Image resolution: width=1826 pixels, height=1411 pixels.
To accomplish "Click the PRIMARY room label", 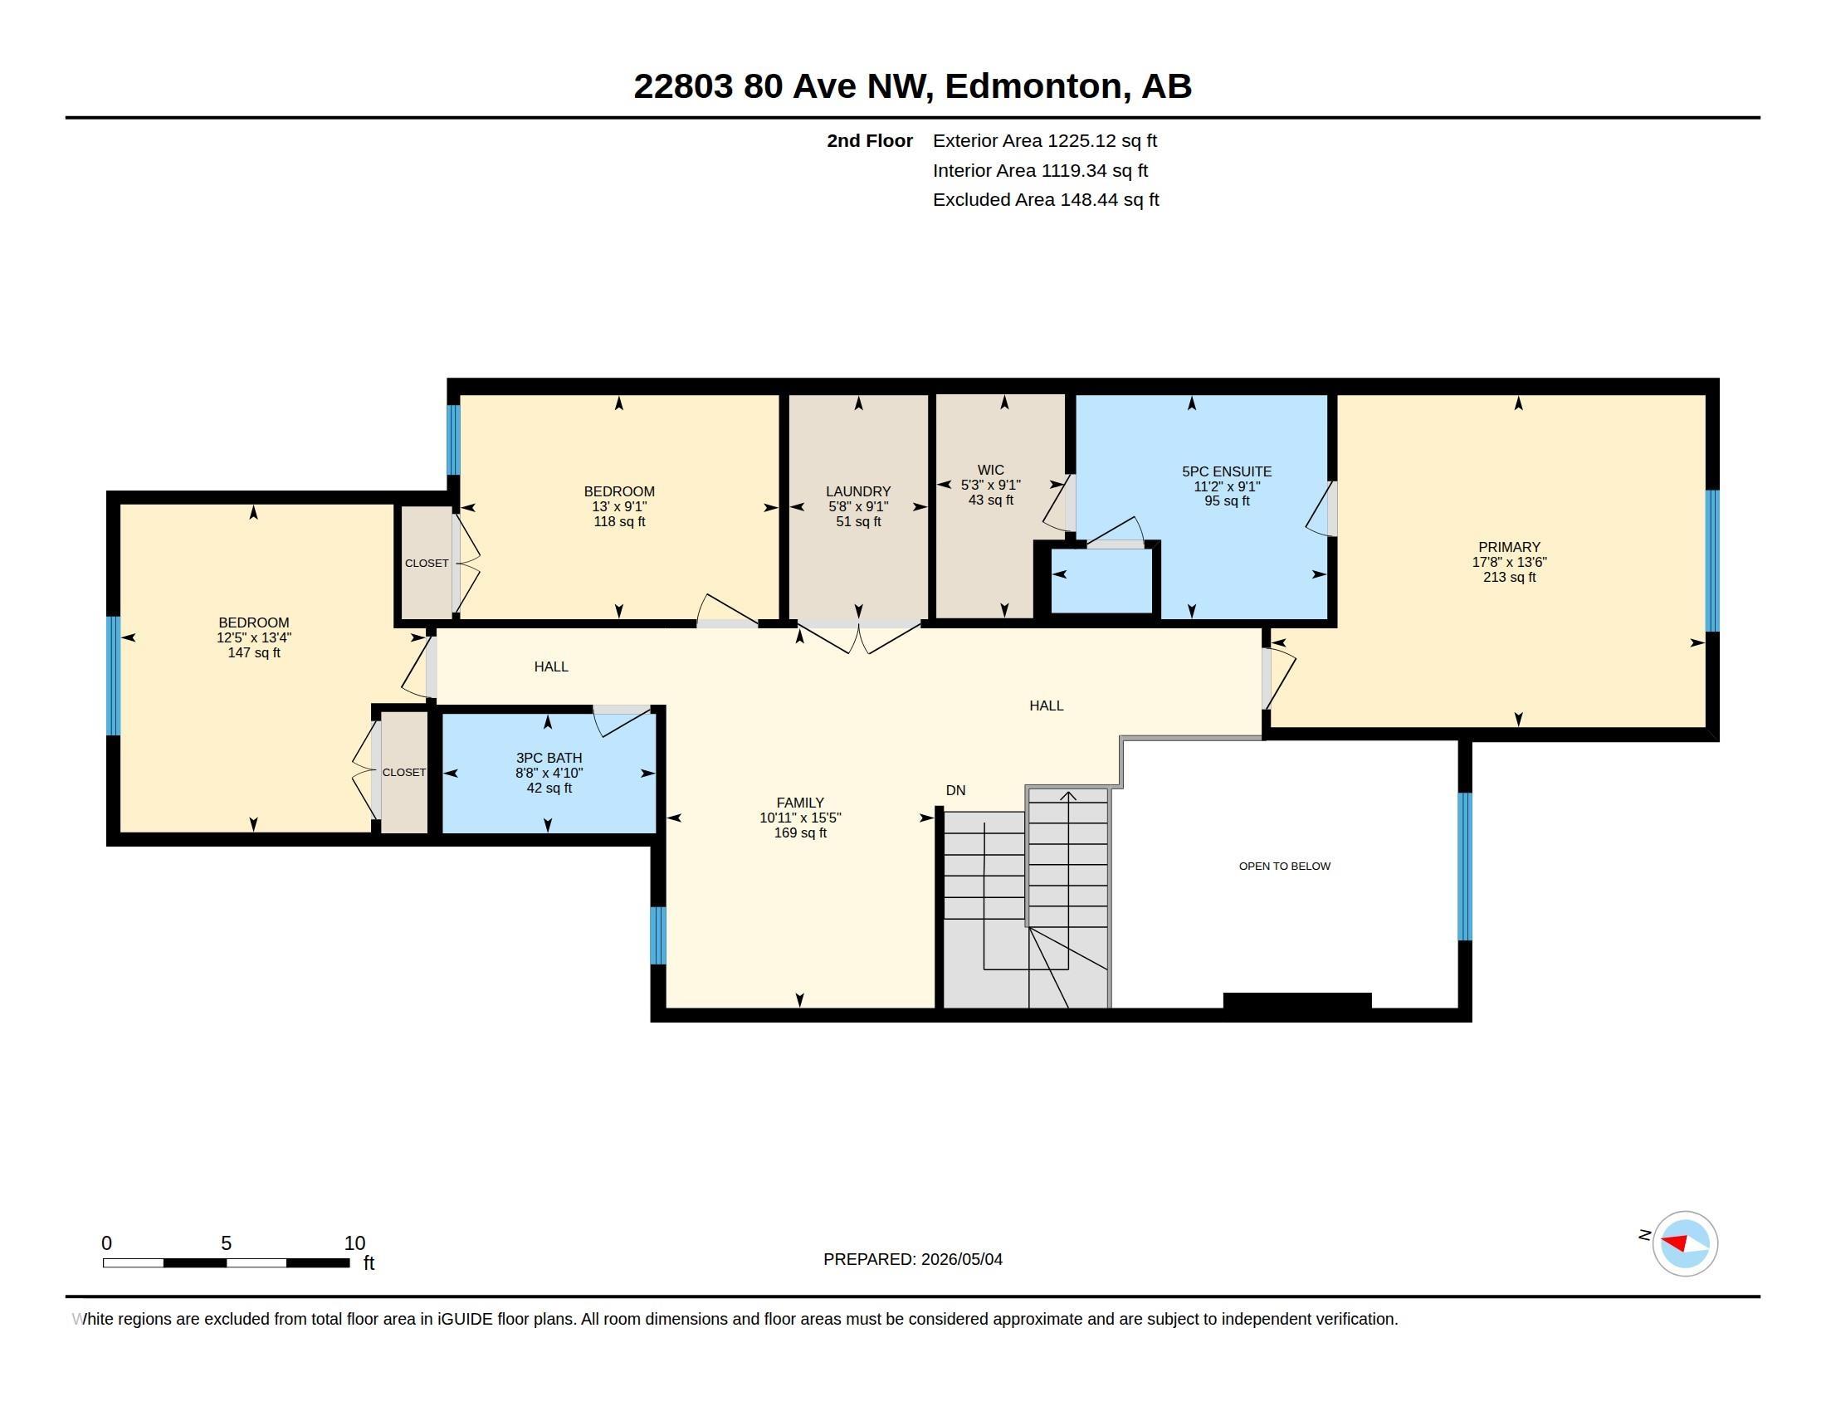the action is pos(1508,548).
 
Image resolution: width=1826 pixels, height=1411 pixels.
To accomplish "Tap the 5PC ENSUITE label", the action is pos(1227,471).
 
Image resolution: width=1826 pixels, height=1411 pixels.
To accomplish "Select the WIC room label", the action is pos(991,470).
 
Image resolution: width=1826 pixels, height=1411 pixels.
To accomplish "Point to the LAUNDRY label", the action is pos(858,491).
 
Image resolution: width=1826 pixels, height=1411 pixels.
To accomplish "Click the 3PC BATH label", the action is pos(549,758).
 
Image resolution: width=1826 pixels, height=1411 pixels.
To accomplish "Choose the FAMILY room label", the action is pos(800,803).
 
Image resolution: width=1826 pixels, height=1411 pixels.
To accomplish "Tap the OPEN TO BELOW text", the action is pos(1284,866).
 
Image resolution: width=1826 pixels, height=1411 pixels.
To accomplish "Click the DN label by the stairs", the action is pos(955,790).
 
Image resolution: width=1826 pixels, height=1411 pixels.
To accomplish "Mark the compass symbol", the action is pos(1685,1243).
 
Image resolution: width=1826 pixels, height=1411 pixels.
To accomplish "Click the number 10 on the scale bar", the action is pos(354,1243).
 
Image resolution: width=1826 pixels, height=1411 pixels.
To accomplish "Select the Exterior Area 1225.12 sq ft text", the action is pos(1044,140).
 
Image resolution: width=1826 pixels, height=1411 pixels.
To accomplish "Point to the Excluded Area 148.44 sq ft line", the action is pos(1046,200).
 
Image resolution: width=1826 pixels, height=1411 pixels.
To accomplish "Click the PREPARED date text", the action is pos(913,1259).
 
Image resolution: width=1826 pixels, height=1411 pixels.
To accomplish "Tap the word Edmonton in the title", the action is pos(1033,85).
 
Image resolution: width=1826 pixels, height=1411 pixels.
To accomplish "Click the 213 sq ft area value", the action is pos(1509,577).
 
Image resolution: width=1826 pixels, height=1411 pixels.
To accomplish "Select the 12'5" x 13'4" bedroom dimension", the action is pos(254,637).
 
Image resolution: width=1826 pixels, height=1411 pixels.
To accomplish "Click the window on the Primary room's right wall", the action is pos(1712,560).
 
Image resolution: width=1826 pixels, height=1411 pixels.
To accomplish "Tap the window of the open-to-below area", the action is pos(1465,867).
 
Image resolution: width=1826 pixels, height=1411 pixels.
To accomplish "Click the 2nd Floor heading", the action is pos(870,140).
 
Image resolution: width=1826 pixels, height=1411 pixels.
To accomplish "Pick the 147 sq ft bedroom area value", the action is pos(254,653).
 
